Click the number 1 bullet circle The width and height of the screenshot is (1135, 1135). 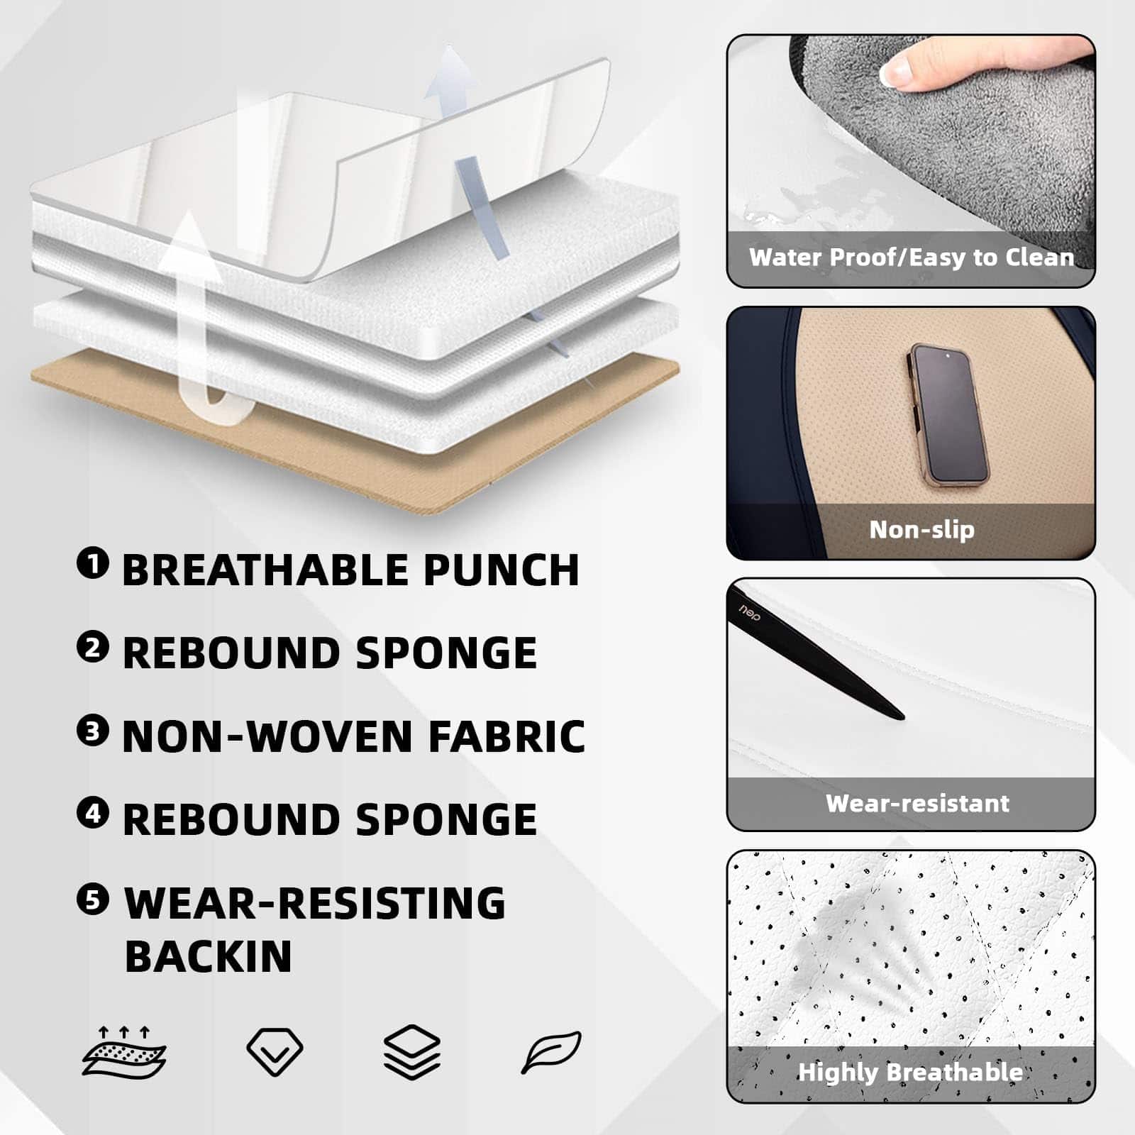93,564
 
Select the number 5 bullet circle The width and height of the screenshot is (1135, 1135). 93,899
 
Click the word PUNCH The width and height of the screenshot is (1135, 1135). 502,570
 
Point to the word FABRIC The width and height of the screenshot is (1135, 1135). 506,736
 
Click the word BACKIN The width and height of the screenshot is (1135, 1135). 209,956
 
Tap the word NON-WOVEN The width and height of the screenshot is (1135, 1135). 267,736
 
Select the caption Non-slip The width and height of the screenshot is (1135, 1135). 921,529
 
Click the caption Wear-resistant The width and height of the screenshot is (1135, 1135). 917,803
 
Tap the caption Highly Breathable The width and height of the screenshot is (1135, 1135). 910,1072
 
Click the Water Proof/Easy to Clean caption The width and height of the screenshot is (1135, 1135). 912,257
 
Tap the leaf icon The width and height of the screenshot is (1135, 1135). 551,1052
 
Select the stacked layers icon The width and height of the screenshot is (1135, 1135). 412,1052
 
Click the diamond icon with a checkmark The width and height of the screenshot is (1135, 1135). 275,1051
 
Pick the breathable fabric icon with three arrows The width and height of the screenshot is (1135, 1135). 124,1052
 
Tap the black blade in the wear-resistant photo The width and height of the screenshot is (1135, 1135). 816,653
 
